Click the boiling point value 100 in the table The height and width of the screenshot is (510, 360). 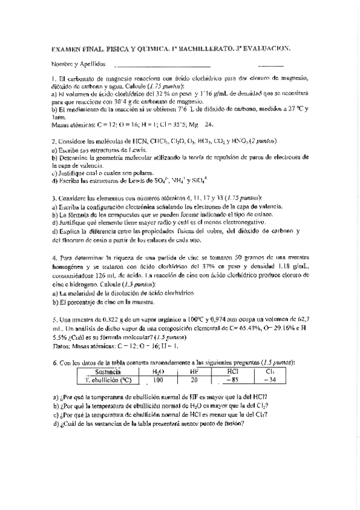[158, 380]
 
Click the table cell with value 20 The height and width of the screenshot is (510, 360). [194, 380]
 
